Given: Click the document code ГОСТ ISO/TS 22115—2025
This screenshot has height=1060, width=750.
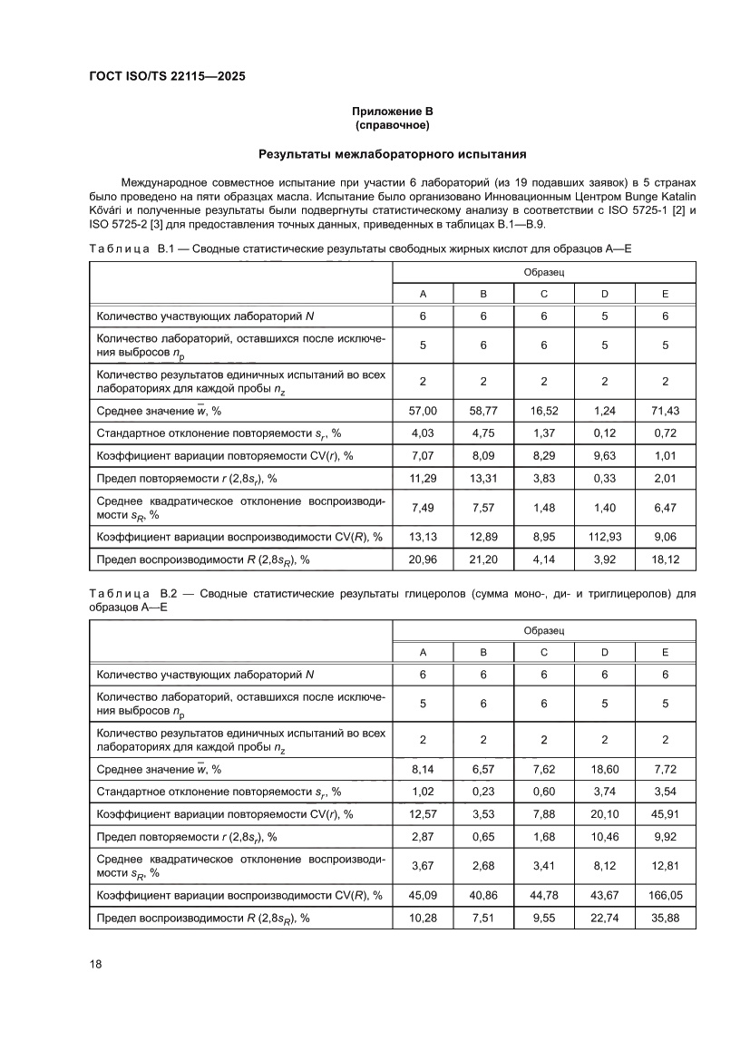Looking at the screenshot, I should pyautogui.click(x=167, y=76).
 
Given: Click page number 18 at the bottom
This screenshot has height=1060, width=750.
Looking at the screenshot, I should pyautogui.click(x=95, y=963).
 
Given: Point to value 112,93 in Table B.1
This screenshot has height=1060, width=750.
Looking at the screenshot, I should pyautogui.click(x=604, y=536).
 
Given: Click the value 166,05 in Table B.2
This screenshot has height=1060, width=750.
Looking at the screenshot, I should pyautogui.click(x=665, y=895).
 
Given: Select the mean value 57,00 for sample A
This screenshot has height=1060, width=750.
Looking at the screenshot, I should pyautogui.click(x=423, y=411).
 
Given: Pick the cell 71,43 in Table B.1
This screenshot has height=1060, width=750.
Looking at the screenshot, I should pyautogui.click(x=665, y=411).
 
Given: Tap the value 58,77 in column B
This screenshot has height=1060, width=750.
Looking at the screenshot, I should pyautogui.click(x=483, y=411).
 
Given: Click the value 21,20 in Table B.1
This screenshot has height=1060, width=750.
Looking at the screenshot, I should pyautogui.click(x=483, y=559).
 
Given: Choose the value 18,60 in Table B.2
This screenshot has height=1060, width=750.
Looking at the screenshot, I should pyautogui.click(x=604, y=769).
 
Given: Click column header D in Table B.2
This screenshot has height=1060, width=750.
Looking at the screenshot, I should pyautogui.click(x=604, y=652).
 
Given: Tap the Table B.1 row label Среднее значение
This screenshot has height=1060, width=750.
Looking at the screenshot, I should pyautogui.click(x=159, y=411).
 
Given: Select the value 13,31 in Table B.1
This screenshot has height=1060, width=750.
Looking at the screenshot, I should pyautogui.click(x=483, y=478).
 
